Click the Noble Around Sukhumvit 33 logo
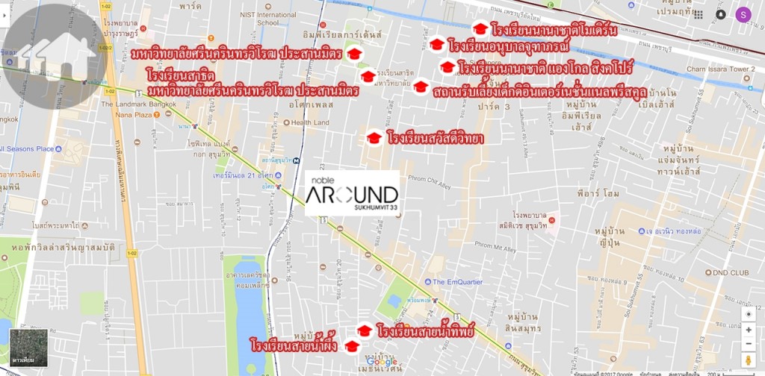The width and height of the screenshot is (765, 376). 352,193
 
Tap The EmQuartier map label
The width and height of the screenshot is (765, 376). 458,282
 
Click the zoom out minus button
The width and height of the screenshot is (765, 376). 749,345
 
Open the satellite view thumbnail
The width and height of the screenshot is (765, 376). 28,347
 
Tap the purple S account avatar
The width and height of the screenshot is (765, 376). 743,14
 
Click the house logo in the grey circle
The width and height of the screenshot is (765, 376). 55,51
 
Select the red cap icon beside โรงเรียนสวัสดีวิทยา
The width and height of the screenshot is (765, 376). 374,138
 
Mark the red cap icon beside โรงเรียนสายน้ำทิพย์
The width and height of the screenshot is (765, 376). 365,330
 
